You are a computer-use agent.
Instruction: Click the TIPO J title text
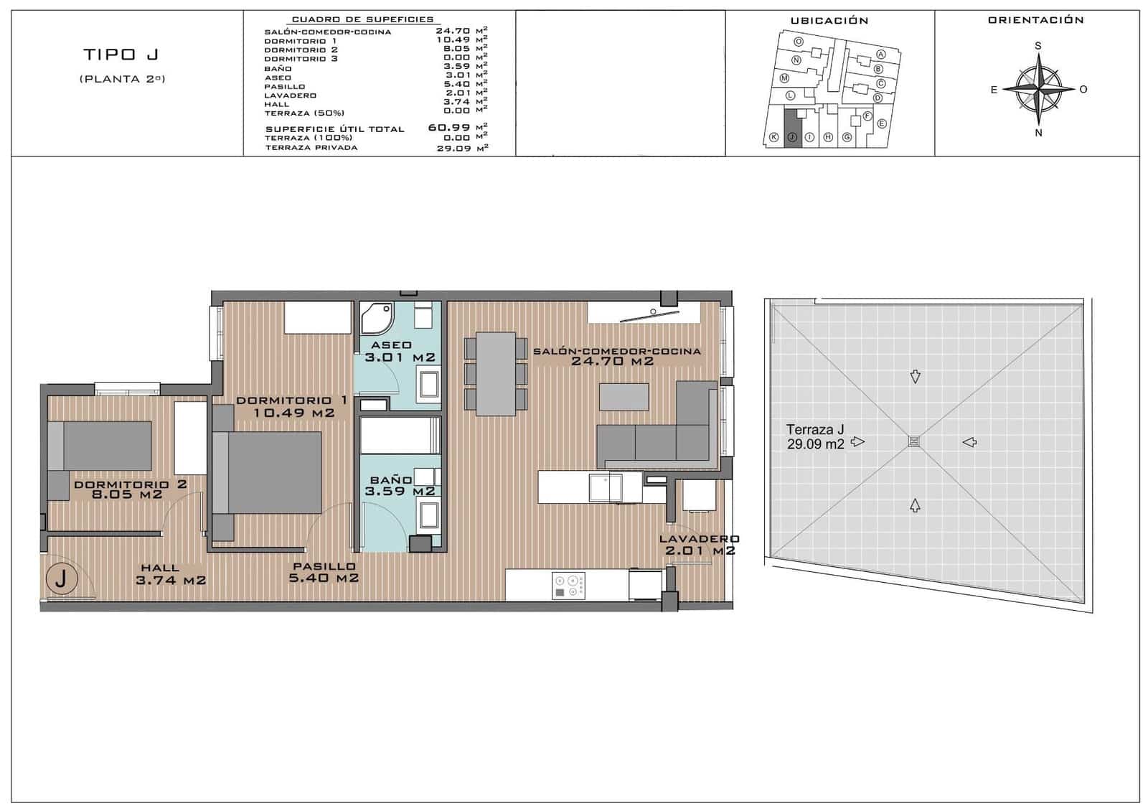[x=121, y=55]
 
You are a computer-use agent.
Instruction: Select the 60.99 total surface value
[x=449, y=128]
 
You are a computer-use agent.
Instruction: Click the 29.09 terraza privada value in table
[x=453, y=149]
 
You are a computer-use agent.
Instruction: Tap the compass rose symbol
[x=1038, y=89]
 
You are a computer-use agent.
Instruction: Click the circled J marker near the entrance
[x=60, y=578]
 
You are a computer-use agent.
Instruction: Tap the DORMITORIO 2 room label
[x=130, y=489]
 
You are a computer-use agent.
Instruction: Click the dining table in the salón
[x=496, y=372]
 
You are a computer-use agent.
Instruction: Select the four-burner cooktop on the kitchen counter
[x=568, y=585]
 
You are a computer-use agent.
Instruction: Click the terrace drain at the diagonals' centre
[x=914, y=441]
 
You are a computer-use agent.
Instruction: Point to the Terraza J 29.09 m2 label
[x=815, y=436]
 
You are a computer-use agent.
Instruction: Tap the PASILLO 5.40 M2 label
[x=324, y=572]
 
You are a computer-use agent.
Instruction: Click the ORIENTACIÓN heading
[x=1035, y=20]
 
